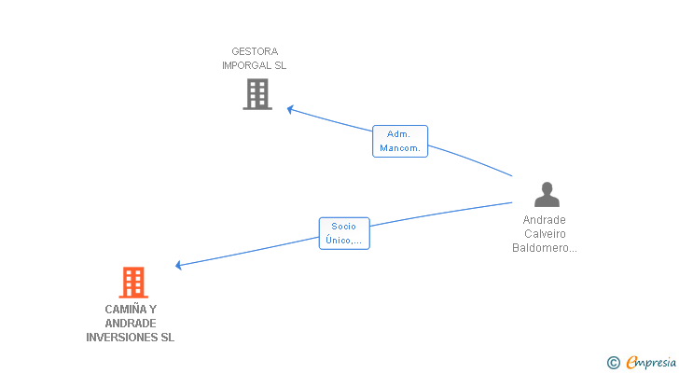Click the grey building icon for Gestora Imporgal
click(257, 94)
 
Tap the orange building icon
click(133, 283)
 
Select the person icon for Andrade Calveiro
click(547, 194)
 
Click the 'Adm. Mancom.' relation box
click(400, 141)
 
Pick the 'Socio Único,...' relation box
click(344, 233)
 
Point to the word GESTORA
click(255, 51)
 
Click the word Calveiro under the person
click(545, 234)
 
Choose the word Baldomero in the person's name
click(543, 248)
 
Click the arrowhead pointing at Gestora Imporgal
click(290, 109)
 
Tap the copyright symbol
click(613, 363)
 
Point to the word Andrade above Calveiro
click(545, 220)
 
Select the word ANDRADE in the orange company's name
click(131, 324)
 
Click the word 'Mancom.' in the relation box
click(400, 148)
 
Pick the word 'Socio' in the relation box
click(344, 226)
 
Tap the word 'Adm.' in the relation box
click(399, 134)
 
